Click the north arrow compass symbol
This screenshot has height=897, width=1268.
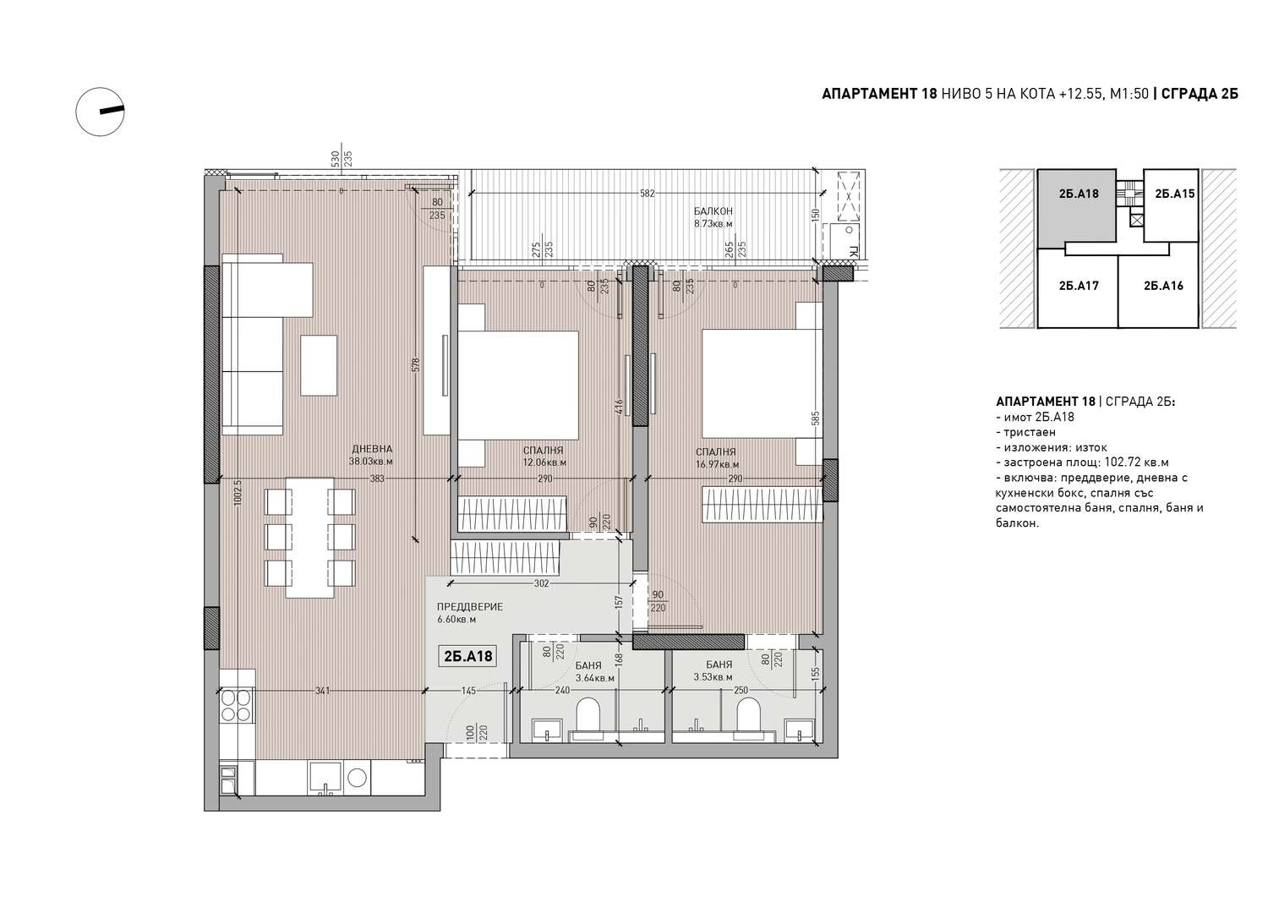101,112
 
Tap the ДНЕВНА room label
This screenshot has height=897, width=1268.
371,450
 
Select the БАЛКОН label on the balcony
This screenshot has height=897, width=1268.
713,211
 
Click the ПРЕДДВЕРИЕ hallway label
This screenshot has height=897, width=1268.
470,607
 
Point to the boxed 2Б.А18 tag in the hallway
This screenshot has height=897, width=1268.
468,656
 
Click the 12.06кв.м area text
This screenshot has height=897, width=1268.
544,462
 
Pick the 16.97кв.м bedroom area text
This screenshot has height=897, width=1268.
717,465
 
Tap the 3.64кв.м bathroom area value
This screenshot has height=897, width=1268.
595,678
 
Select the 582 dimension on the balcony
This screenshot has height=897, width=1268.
647,193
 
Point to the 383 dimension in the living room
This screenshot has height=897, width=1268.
377,479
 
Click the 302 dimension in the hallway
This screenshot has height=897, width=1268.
542,584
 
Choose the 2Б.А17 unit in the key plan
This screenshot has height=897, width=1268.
1079,286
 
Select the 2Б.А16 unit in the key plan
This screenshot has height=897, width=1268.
1163,286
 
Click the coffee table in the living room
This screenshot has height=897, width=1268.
319,366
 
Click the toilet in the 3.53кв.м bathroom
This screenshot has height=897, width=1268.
749,716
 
